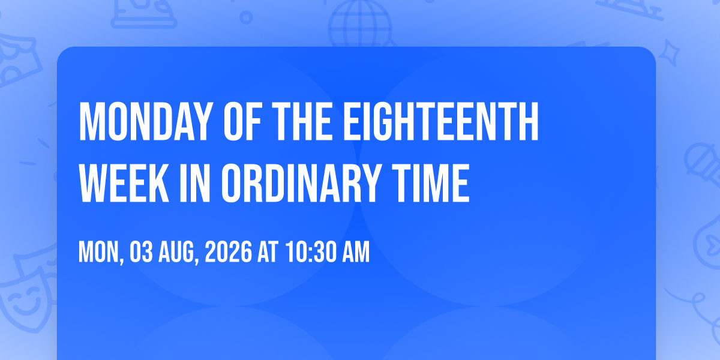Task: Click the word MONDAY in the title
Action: coord(146,121)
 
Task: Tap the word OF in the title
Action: coord(242,121)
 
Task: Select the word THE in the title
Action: coord(302,121)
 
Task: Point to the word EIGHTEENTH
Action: coord(441,121)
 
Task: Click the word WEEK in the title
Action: coord(124,183)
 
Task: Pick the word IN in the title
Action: coord(195,183)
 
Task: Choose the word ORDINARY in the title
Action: coord(301,183)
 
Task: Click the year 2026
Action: coord(228,252)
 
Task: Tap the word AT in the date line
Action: coord(268,252)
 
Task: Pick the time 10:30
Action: coord(311,252)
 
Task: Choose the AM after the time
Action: coord(356,252)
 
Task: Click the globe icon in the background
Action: coord(360,23)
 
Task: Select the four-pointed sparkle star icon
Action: coord(669,53)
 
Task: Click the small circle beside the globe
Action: coord(246,17)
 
